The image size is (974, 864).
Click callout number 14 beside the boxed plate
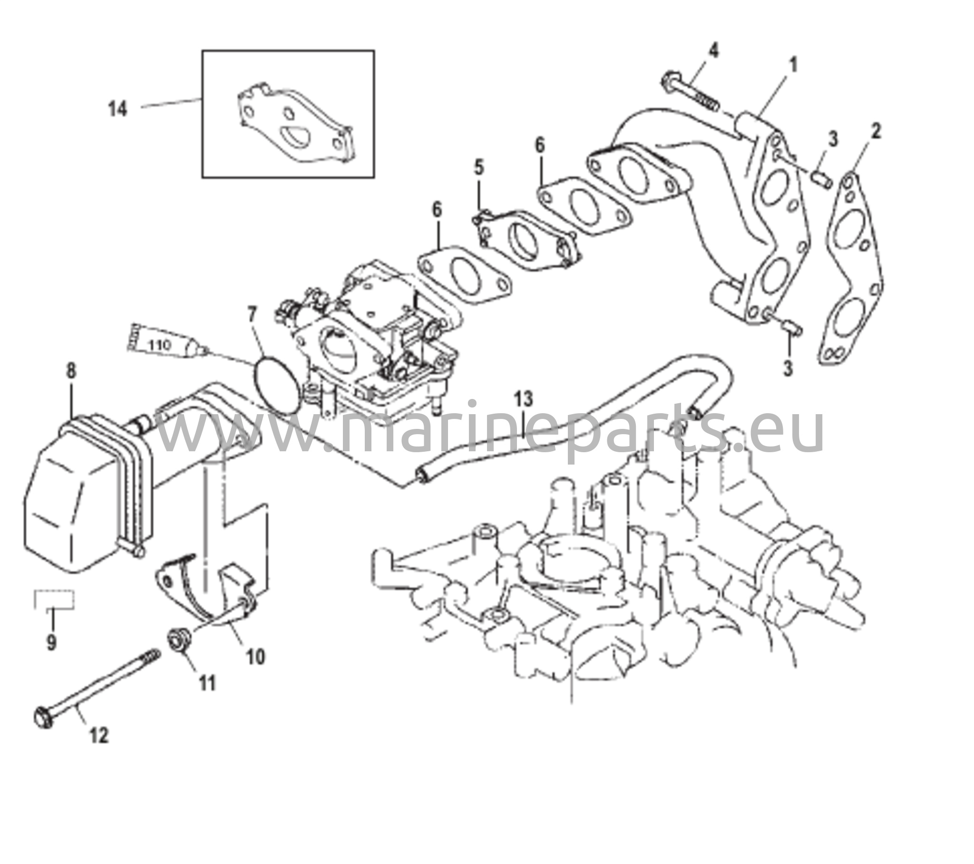[x=117, y=109]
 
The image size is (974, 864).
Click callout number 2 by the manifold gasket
[x=876, y=131]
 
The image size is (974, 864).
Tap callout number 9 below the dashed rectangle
[x=51, y=642]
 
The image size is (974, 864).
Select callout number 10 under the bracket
[x=256, y=657]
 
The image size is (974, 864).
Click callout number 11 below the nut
[x=207, y=683]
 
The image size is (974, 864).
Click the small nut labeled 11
[x=180, y=638]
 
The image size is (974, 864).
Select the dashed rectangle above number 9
[x=54, y=600]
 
